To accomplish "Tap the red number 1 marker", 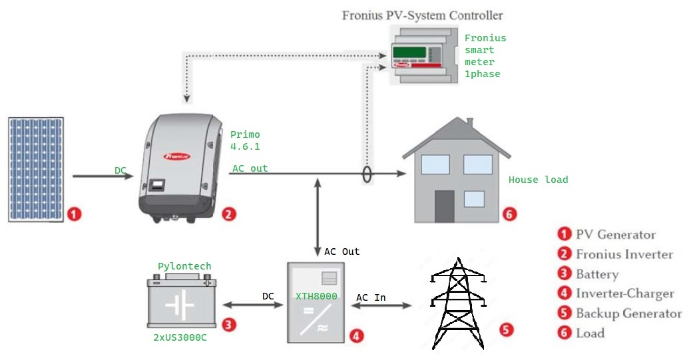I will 75,214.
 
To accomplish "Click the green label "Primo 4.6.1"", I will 245,140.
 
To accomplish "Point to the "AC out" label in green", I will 250,168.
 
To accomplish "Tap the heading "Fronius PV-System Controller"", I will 422,15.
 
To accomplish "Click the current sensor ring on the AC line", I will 365,174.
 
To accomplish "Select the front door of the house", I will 444,206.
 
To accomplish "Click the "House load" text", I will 538,180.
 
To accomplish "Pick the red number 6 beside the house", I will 509,214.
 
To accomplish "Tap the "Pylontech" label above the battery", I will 184,266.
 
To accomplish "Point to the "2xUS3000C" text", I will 180,337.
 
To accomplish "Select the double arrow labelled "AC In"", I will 384,306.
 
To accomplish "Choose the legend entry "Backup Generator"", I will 628,313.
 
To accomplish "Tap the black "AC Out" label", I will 342,252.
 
